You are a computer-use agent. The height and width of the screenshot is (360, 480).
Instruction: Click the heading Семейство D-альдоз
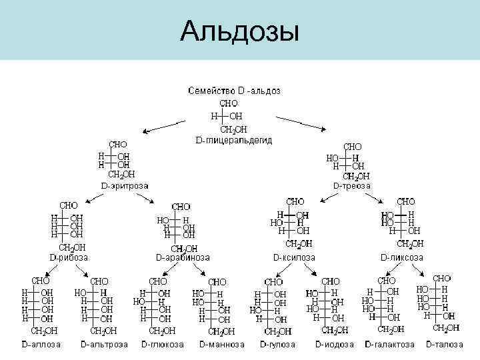pyautogui.click(x=234, y=90)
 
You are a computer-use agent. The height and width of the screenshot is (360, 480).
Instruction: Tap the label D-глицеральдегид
pyautogui.click(x=233, y=140)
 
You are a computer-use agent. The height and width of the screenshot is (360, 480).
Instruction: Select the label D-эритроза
pyautogui.click(x=125, y=185)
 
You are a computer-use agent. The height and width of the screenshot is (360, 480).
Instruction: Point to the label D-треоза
pyautogui.click(x=352, y=185)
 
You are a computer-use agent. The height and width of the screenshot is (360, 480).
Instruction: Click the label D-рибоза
pyautogui.click(x=69, y=257)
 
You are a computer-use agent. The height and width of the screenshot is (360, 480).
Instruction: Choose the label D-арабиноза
pyautogui.click(x=183, y=257)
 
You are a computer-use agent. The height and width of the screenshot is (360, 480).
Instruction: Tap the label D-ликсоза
pyautogui.click(x=401, y=257)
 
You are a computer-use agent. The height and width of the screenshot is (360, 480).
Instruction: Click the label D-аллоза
pyautogui.click(x=41, y=345)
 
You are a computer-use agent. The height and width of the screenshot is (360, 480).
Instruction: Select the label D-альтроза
pyautogui.click(x=104, y=345)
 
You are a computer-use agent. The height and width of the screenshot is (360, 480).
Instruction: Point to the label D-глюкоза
pyautogui.click(x=163, y=345)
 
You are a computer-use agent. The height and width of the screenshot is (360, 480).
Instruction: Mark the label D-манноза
pyautogui.click(x=222, y=345)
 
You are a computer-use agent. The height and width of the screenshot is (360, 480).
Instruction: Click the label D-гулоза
pyautogui.click(x=279, y=345)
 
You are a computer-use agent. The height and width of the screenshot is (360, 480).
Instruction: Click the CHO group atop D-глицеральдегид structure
pyautogui.click(x=229, y=104)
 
